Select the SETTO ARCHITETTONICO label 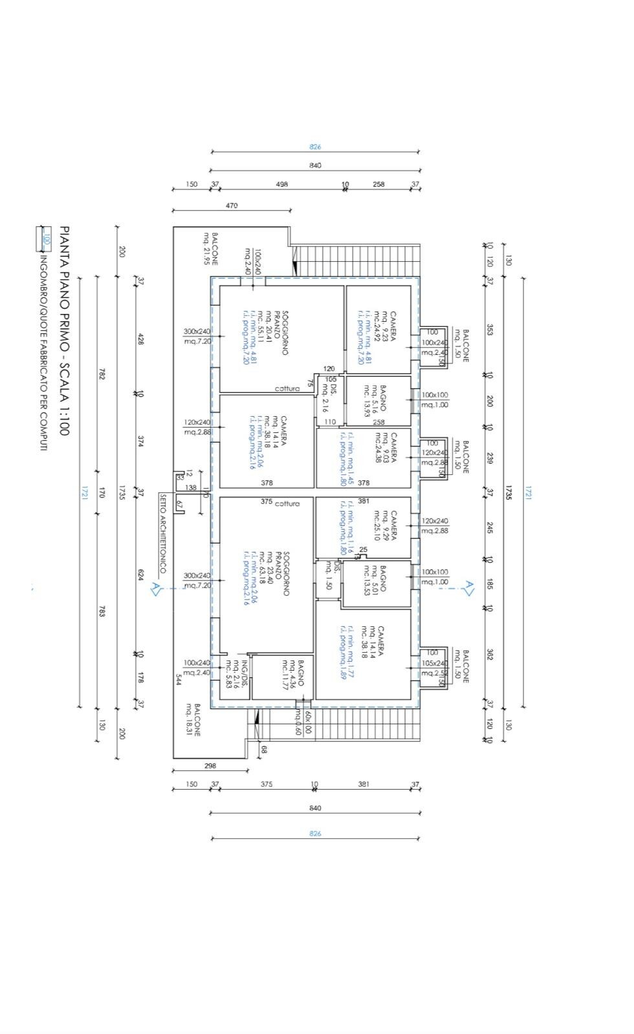tap(163, 533)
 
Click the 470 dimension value tap(232, 206)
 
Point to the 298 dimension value tap(210, 766)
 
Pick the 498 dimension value tap(282, 184)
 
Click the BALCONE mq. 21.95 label tap(211, 249)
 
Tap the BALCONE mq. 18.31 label tap(193, 719)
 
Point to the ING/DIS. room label tap(240, 675)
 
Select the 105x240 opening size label tap(434, 663)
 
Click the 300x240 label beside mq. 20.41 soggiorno tap(197, 332)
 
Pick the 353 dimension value tap(490, 330)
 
